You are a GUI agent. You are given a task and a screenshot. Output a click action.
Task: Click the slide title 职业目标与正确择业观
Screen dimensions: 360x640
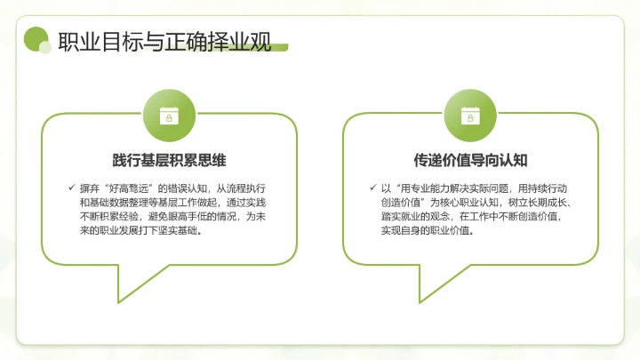coord(164,42)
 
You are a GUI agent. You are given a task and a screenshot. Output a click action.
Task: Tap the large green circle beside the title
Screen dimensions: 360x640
coord(36,38)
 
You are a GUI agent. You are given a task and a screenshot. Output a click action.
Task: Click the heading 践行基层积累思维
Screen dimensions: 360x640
coord(169,161)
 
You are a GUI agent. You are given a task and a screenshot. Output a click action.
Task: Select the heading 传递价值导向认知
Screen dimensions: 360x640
coord(470,161)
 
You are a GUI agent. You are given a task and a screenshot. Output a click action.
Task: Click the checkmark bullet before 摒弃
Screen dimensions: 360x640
coord(71,188)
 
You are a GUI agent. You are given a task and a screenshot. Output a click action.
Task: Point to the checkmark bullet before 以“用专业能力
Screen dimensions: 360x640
coord(372,188)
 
